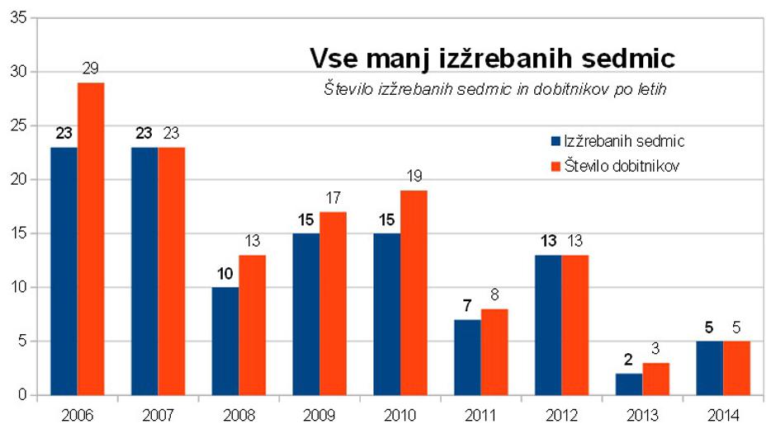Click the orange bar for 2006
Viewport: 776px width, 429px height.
pyautogui.click(x=91, y=239)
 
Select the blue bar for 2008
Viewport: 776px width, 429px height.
pyautogui.click(x=225, y=342)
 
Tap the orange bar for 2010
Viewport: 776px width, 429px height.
pyautogui.click(x=414, y=293)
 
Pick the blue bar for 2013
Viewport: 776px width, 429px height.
pyautogui.click(x=629, y=384)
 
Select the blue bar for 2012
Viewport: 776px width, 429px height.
pyautogui.click(x=548, y=325)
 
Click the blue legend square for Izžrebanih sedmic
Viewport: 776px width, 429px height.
pyautogui.click(x=556, y=141)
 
